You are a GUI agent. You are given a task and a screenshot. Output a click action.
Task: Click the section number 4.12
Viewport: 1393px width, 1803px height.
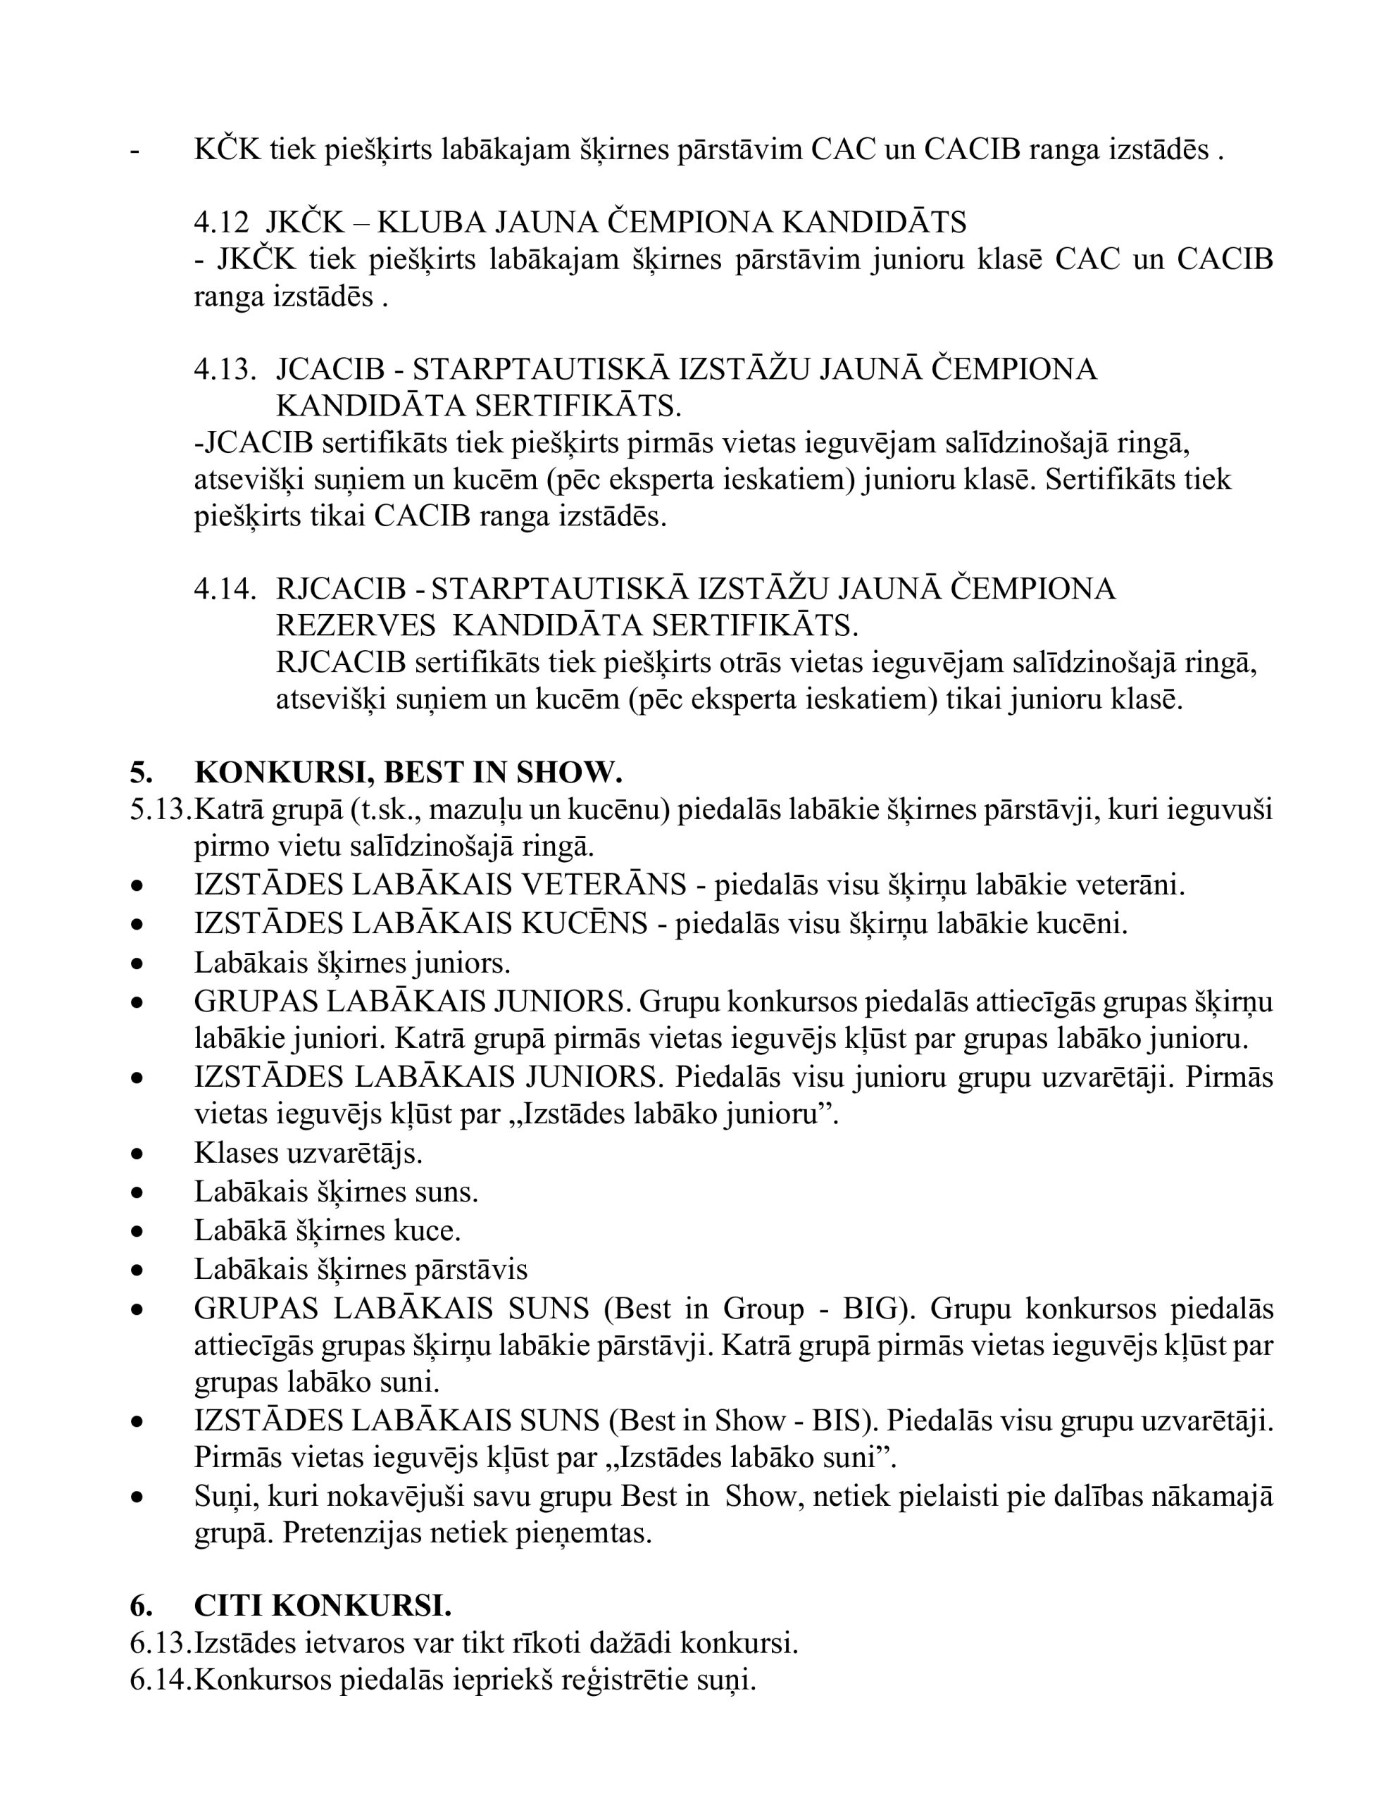[x=220, y=222]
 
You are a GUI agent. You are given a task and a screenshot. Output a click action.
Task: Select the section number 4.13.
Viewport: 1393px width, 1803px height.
[x=225, y=369]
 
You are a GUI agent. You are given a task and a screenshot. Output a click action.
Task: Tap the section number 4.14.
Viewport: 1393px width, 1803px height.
[x=225, y=589]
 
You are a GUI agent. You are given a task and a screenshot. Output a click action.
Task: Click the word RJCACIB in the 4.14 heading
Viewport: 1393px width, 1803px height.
[x=341, y=589]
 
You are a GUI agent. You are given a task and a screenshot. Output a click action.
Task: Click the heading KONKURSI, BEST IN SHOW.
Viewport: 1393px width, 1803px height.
[x=408, y=772]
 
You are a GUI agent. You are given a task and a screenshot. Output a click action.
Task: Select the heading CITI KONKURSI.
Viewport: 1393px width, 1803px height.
[x=323, y=1606]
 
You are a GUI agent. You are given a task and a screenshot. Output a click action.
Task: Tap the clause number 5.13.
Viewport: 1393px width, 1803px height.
[x=160, y=810]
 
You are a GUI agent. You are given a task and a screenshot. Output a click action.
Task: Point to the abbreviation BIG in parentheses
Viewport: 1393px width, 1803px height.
[x=870, y=1309]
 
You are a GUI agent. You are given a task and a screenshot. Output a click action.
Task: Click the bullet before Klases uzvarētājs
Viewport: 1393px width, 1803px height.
[x=138, y=1154]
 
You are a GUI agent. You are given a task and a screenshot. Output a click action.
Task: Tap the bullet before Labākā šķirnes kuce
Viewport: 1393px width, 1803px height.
[x=138, y=1232]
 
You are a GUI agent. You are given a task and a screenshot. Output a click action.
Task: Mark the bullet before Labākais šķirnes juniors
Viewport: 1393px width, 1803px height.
[x=138, y=963]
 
